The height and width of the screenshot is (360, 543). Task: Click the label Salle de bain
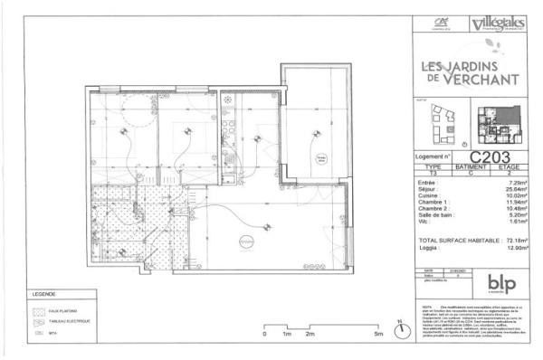438,217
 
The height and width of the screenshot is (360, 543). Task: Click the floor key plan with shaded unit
498,128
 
